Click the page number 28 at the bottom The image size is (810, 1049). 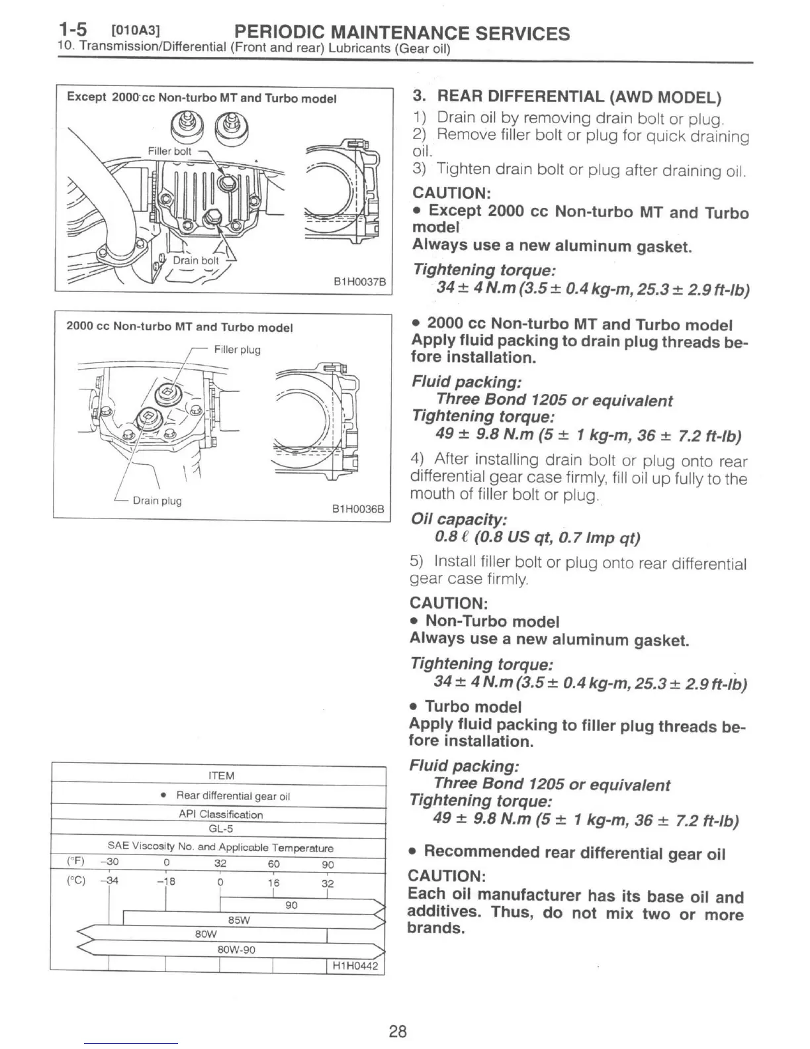[x=398, y=1031]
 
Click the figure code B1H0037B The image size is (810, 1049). [x=359, y=281]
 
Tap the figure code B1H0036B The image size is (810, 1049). [x=357, y=509]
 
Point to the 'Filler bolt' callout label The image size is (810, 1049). [x=169, y=151]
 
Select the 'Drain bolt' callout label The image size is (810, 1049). [x=195, y=260]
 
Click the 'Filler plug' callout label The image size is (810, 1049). [x=237, y=350]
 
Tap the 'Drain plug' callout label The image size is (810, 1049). [x=157, y=501]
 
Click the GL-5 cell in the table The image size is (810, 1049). [x=221, y=828]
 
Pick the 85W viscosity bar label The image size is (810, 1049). [x=238, y=920]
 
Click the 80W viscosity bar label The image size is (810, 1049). [x=206, y=934]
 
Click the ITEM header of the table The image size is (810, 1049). [x=221, y=775]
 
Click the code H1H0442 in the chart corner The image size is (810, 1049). [x=356, y=966]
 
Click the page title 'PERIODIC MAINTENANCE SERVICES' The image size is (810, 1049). [x=402, y=33]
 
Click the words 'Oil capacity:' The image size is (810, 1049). [x=459, y=519]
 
